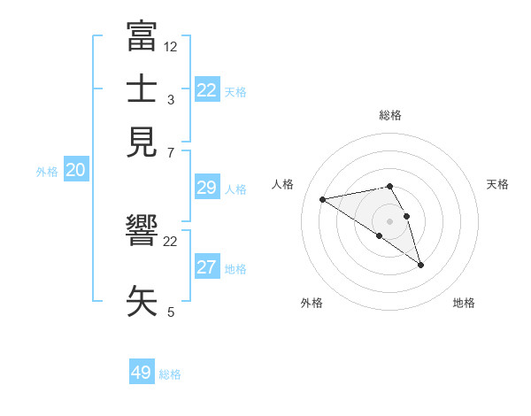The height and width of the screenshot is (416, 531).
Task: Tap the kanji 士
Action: click(x=142, y=89)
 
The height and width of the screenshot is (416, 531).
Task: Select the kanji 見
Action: click(x=142, y=142)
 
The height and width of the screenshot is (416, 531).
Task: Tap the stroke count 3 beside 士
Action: click(x=171, y=99)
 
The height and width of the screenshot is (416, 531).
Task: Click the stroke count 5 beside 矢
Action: click(x=171, y=312)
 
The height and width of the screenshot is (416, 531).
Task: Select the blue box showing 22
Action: click(x=207, y=90)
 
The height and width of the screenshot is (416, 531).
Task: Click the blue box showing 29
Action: click(x=207, y=188)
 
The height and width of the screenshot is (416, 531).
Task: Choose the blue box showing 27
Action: click(x=207, y=267)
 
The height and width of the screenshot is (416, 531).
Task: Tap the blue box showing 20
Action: click(x=75, y=171)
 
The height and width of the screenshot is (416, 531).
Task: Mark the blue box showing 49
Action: click(x=142, y=373)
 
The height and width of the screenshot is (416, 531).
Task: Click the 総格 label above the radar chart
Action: click(x=390, y=115)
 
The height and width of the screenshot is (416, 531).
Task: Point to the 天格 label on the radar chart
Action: click(x=497, y=184)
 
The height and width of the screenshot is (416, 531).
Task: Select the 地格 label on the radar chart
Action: click(x=464, y=303)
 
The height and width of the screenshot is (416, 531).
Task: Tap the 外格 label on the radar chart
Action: click(x=312, y=303)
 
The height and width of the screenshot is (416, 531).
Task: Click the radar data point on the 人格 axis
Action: click(x=323, y=198)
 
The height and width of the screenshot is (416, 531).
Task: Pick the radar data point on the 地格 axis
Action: click(x=420, y=265)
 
